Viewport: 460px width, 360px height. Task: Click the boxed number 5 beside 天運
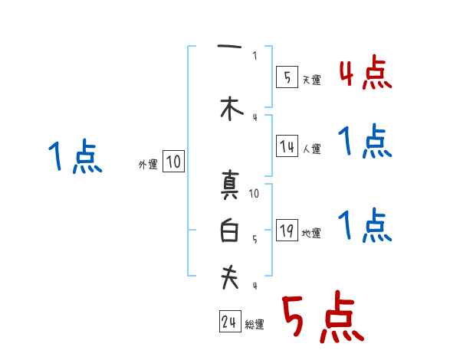[x=287, y=77]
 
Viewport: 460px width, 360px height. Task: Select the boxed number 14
[x=287, y=146]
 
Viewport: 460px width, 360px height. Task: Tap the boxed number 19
[x=287, y=231]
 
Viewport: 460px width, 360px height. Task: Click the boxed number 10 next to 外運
[x=173, y=162]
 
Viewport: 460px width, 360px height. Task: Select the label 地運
[x=311, y=234]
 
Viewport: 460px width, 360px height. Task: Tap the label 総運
[x=255, y=325]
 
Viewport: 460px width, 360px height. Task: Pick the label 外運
[x=147, y=164]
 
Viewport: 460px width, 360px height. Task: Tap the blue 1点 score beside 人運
[x=365, y=142]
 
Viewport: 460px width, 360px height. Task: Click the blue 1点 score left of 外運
[x=74, y=157]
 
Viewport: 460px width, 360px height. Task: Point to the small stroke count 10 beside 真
[x=255, y=194]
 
